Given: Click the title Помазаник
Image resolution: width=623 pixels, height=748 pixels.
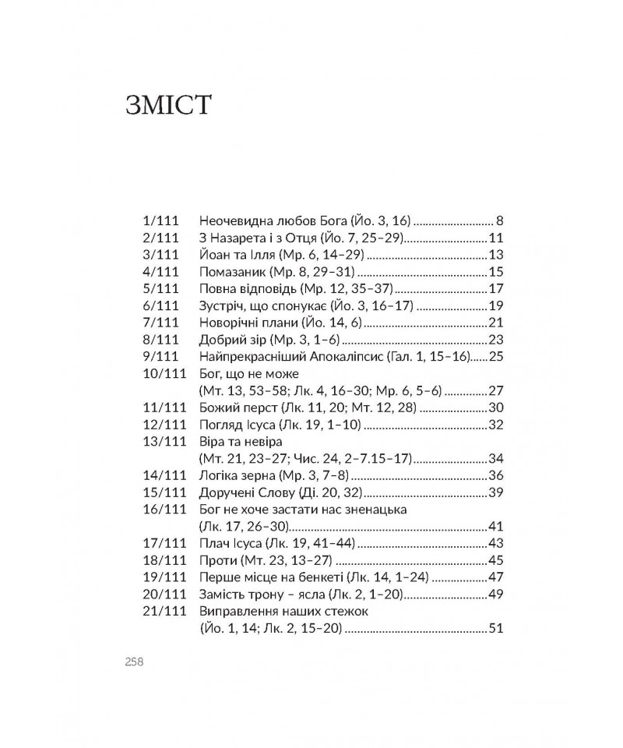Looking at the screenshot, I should tap(233, 272).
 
